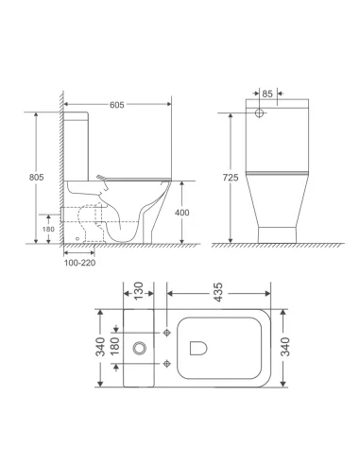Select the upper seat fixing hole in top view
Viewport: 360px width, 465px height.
(x=166, y=333)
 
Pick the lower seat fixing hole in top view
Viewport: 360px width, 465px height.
(x=166, y=360)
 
